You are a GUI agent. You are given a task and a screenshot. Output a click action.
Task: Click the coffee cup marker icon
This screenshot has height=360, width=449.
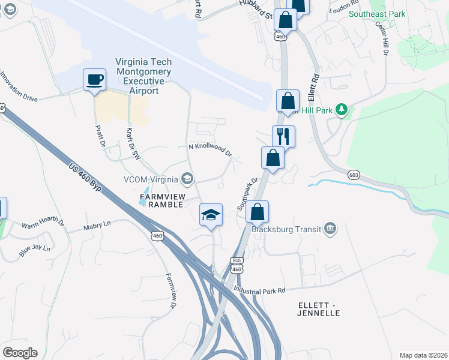pos(94,80)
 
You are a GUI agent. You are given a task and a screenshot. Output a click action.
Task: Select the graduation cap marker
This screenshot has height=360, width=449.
pos(211,214)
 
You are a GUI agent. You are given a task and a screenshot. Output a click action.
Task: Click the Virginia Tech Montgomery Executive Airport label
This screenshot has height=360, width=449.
pos(143,76)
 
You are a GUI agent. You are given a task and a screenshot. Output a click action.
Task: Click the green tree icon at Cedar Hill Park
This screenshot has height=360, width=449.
pos(342,109)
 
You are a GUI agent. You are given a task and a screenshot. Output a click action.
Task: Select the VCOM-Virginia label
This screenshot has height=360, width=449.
pos(150,179)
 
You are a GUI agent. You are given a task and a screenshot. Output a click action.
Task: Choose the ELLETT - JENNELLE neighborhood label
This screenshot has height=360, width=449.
pos(318,309)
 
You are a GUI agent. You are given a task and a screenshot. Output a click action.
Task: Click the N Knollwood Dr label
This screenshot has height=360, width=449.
pos(210,149)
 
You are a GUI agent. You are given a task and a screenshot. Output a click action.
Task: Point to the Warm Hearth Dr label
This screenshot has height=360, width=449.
pos(43,224)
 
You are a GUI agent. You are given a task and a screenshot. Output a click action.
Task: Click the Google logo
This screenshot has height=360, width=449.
pos(20,352)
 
